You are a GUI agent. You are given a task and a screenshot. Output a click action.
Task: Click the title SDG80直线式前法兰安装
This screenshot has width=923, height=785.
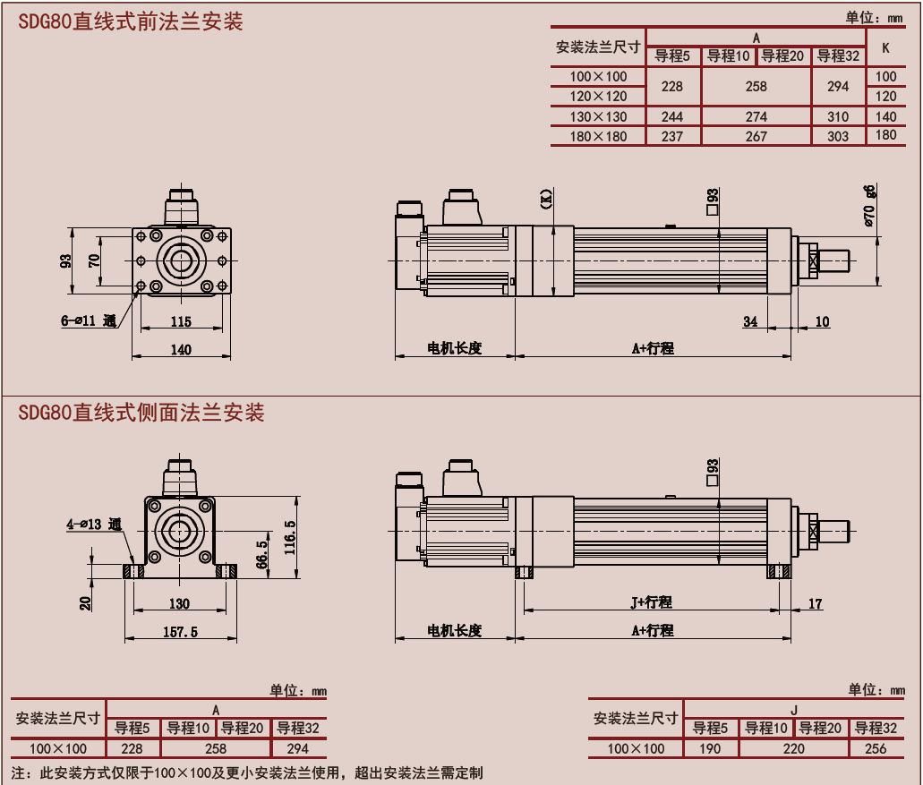coord(131,22)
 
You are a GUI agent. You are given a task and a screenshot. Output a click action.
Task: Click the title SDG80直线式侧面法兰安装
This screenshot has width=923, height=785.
coord(141,413)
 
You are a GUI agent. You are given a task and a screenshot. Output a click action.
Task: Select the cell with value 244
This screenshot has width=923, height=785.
coord(671,117)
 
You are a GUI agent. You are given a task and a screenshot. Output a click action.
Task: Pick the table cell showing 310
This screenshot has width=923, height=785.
coord(838,117)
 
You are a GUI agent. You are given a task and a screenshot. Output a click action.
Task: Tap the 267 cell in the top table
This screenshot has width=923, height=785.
coord(756,137)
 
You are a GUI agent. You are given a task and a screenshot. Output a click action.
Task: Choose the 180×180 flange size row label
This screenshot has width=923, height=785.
coord(598,137)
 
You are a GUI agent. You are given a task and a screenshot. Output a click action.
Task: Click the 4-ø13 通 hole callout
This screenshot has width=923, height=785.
coord(93,525)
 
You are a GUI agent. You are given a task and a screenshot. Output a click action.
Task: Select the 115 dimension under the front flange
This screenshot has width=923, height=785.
coord(181,321)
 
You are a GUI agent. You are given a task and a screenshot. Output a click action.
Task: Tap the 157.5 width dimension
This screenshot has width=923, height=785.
coord(180,632)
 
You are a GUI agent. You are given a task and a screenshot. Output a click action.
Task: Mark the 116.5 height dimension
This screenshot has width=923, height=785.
coord(289,538)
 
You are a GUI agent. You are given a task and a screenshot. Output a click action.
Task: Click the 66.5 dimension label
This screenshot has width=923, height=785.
coord(261,555)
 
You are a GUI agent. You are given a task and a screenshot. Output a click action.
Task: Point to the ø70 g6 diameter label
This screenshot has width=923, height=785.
coord(869,206)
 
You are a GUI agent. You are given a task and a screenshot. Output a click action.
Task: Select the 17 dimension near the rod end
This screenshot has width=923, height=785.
coord(815,604)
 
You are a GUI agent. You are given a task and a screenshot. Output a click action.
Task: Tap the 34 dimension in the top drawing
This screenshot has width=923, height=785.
coord(750,321)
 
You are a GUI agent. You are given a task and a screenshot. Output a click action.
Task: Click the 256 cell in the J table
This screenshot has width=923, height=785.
coord(876,748)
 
